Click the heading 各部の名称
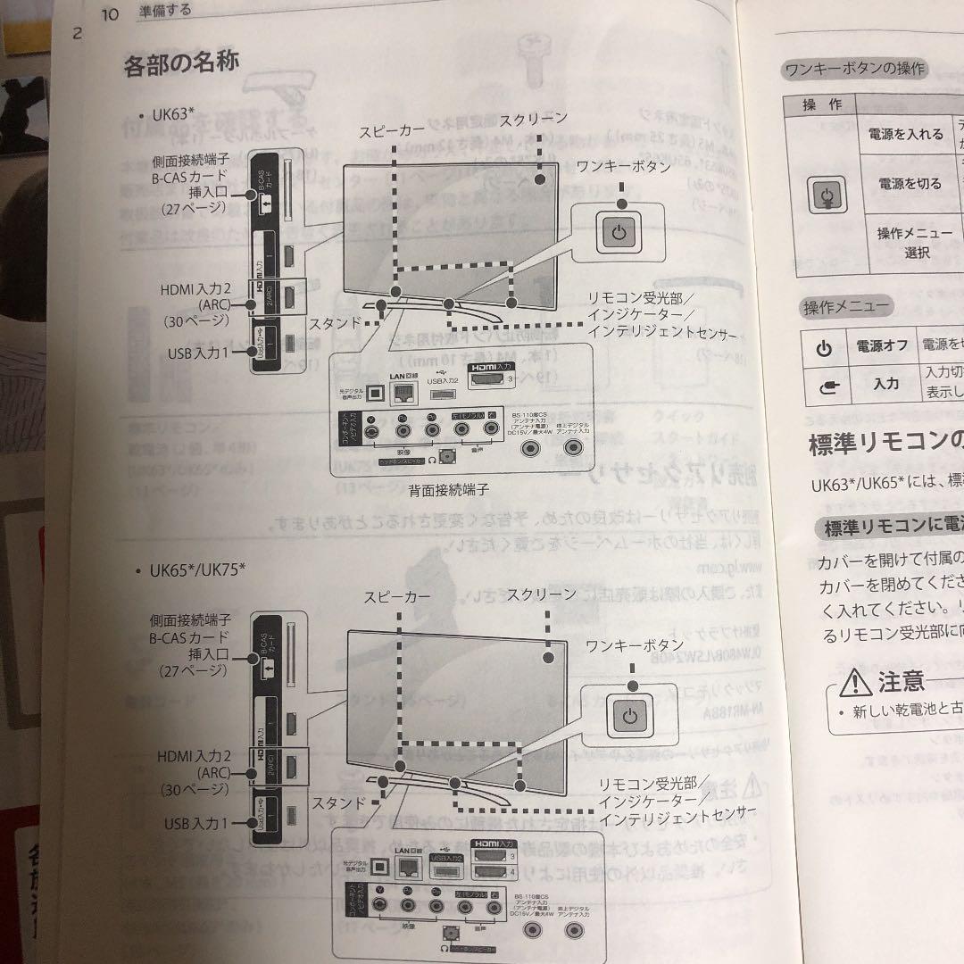[x=181, y=64]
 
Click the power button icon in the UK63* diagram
[x=622, y=232]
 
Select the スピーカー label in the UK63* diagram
[x=392, y=130]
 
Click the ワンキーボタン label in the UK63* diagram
[x=623, y=166]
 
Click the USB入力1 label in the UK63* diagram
[x=198, y=353]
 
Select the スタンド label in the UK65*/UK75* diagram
[x=338, y=802]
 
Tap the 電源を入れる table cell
[x=905, y=134]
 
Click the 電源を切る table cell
[x=910, y=184]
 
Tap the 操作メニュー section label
[x=845, y=307]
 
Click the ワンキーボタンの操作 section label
[x=853, y=69]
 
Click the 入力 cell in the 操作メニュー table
[x=885, y=383]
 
